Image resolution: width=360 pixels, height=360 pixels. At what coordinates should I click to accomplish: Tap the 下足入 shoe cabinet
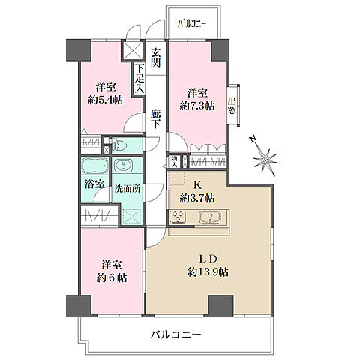pos(139,79)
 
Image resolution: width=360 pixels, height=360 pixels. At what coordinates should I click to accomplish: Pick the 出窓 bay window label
pos(233,106)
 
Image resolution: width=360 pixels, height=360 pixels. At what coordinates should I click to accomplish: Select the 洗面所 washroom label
pos(127,189)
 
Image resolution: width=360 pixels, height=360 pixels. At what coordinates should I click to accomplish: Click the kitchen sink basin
pos(211,217)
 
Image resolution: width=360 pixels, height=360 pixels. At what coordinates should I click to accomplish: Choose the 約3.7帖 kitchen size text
pos(196,198)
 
